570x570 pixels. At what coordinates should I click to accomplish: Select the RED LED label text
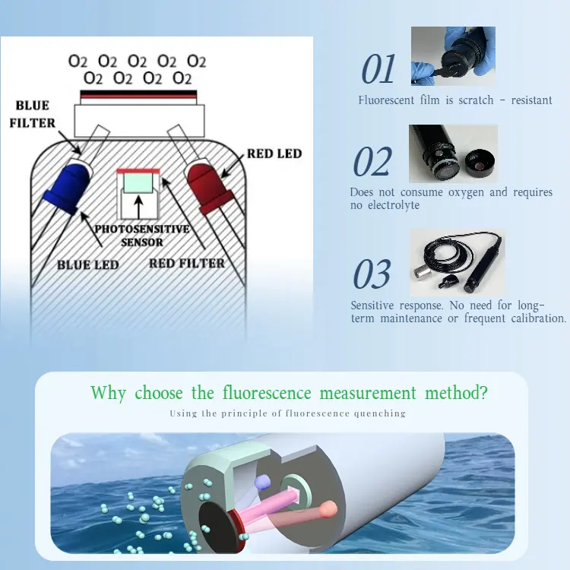(x=274, y=154)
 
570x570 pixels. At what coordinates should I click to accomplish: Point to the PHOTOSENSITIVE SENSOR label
(x=142, y=235)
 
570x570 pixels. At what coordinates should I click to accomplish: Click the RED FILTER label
(x=187, y=263)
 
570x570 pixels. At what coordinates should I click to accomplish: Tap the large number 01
(x=378, y=71)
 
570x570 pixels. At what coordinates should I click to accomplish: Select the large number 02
(x=372, y=163)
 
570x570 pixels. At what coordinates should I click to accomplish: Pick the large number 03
(x=372, y=275)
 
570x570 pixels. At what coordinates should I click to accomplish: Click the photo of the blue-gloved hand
(x=453, y=55)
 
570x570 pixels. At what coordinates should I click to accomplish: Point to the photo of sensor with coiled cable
(x=457, y=263)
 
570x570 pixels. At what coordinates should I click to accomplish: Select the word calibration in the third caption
(x=538, y=318)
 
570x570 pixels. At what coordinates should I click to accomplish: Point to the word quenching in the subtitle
(x=380, y=413)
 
